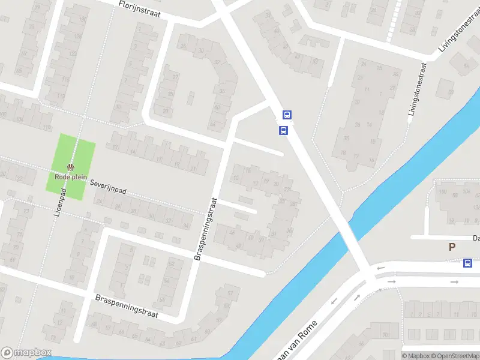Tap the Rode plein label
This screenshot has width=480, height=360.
(x=71, y=177)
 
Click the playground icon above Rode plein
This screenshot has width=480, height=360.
(x=71, y=167)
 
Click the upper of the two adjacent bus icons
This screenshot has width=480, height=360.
(x=287, y=115)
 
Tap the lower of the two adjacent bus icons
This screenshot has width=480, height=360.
(x=283, y=130)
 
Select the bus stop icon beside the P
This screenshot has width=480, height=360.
(x=467, y=262)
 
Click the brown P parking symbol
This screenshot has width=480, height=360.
(x=452, y=247)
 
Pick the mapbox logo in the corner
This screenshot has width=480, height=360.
(x=26, y=353)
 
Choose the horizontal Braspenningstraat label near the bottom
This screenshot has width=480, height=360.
(x=126, y=307)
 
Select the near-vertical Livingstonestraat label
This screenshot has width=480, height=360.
(x=416, y=93)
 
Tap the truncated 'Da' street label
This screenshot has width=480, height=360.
(x=475, y=238)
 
